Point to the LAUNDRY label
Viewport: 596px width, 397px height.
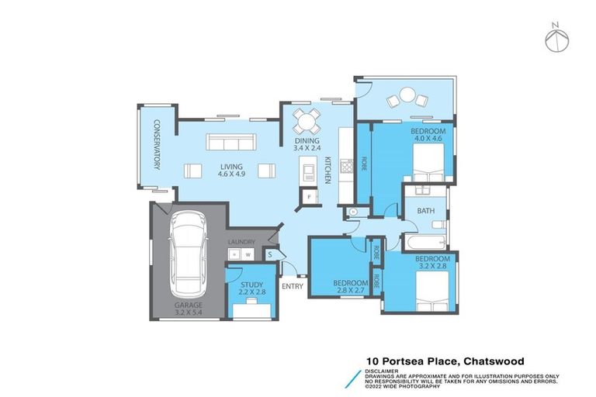(x=241, y=241)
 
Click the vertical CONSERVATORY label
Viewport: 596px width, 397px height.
(x=155, y=144)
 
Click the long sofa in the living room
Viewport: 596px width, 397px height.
(x=230, y=143)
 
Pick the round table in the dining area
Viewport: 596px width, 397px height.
(x=306, y=122)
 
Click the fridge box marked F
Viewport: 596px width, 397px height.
(x=310, y=197)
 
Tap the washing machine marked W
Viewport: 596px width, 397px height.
(x=248, y=254)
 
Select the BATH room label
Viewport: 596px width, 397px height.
(x=425, y=211)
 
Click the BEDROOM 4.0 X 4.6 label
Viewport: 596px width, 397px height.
(x=428, y=136)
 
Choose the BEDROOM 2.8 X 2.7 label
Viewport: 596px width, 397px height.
(x=349, y=286)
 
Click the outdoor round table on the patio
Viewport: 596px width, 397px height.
(x=408, y=97)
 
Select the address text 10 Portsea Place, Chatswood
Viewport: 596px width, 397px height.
(x=445, y=361)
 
